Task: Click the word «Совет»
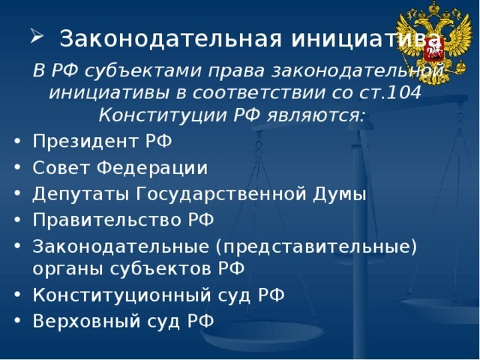pos(57,167)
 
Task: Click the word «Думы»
pos(335,194)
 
